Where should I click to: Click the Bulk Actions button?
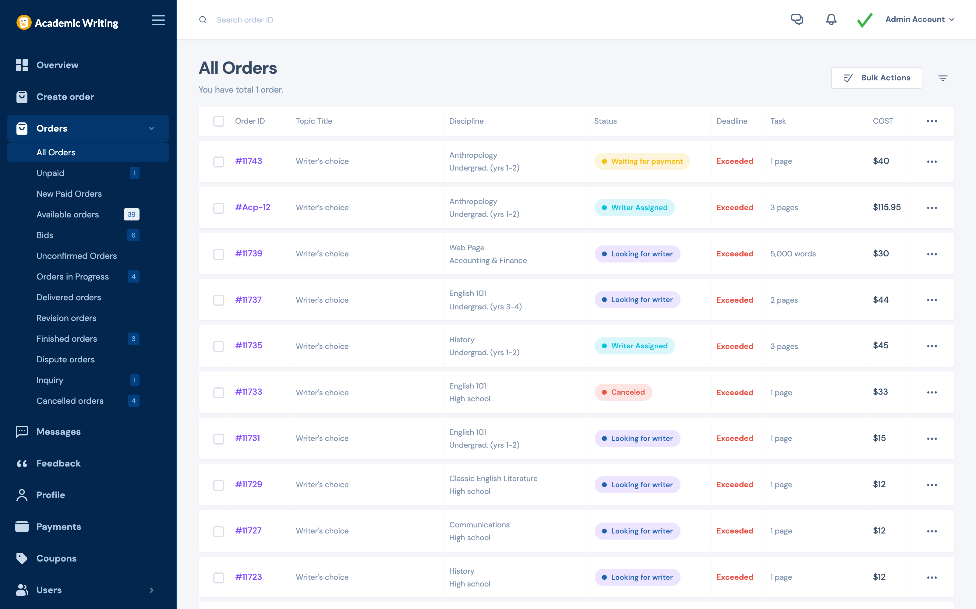[x=876, y=78]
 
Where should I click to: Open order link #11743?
[x=249, y=161]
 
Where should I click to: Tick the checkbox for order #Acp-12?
[x=219, y=208]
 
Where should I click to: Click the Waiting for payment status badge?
[x=642, y=161]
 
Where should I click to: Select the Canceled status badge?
[x=623, y=392]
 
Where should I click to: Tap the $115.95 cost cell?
[x=886, y=207]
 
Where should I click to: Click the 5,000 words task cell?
[x=793, y=254]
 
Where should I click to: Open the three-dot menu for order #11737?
[x=932, y=300]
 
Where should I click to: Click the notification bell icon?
[x=831, y=19]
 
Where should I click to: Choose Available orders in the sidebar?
[x=68, y=214]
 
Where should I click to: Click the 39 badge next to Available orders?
[x=131, y=214]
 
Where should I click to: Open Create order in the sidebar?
[x=65, y=97]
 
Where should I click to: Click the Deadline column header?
[x=731, y=121]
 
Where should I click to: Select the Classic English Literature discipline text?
[x=493, y=478]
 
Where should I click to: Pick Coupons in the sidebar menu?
[x=56, y=558]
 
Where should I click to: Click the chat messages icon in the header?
[x=797, y=19]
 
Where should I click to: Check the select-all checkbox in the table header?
[x=219, y=121]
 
